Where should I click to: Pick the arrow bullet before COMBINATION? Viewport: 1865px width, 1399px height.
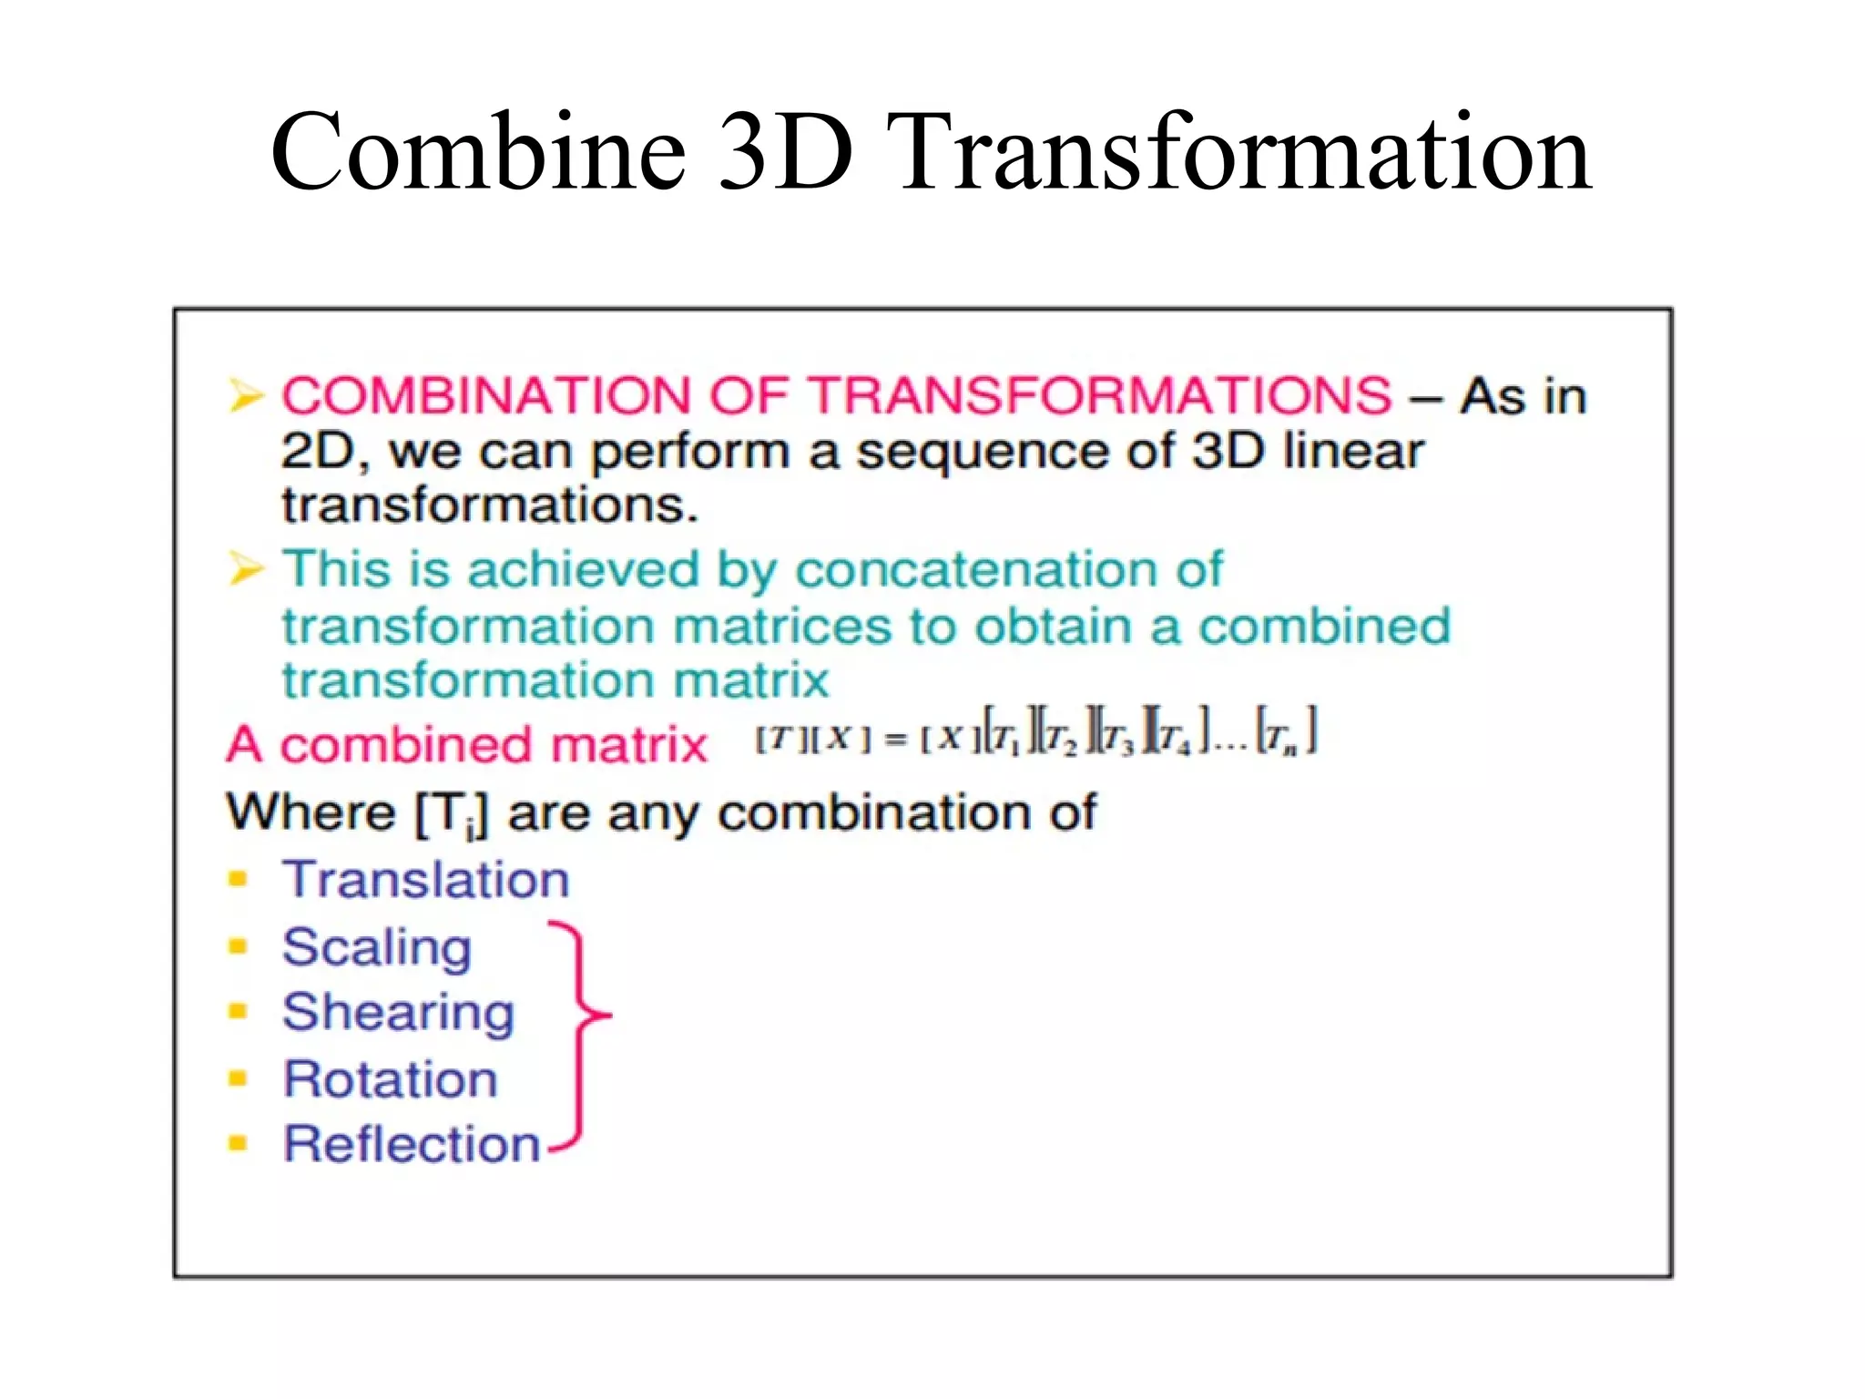pyautogui.click(x=245, y=396)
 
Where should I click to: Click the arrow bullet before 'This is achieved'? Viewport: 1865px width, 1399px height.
pyautogui.click(x=245, y=569)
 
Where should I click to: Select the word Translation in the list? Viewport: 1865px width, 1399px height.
pyautogui.click(x=425, y=880)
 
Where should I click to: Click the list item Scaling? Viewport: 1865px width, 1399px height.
pyautogui.click(x=376, y=947)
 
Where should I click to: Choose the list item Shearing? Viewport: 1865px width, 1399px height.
pyautogui.click(x=398, y=1013)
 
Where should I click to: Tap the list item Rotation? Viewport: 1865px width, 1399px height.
pyautogui.click(x=390, y=1079)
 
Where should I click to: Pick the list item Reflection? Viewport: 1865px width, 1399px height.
pyautogui.click(x=412, y=1144)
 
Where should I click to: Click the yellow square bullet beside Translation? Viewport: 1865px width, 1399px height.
pyautogui.click(x=238, y=879)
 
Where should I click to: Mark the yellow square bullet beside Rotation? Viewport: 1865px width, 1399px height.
pyautogui.click(x=238, y=1079)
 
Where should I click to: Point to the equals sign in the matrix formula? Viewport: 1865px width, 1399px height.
pyautogui.click(x=897, y=740)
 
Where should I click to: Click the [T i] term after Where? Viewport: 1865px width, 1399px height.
pyautogui.click(x=451, y=813)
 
